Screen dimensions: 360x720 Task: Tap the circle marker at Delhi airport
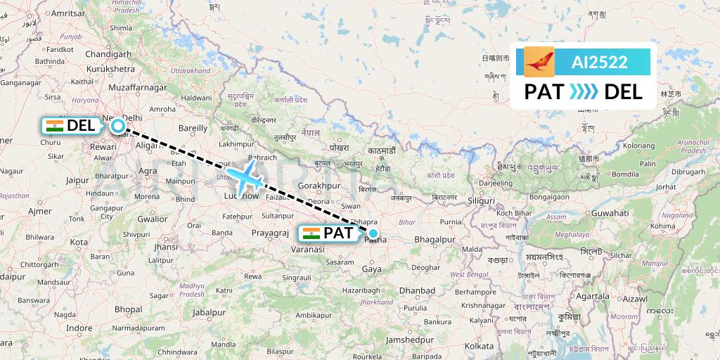click(118, 126)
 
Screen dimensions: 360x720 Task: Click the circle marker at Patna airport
click(373, 233)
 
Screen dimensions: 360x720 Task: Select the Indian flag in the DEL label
click(54, 126)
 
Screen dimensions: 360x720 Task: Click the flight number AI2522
click(600, 63)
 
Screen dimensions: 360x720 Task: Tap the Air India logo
click(539, 62)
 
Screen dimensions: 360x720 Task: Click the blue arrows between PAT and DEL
click(584, 91)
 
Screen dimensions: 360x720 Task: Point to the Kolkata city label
click(480, 346)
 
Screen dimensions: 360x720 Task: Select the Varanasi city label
click(308, 249)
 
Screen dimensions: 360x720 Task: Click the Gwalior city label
click(153, 218)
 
